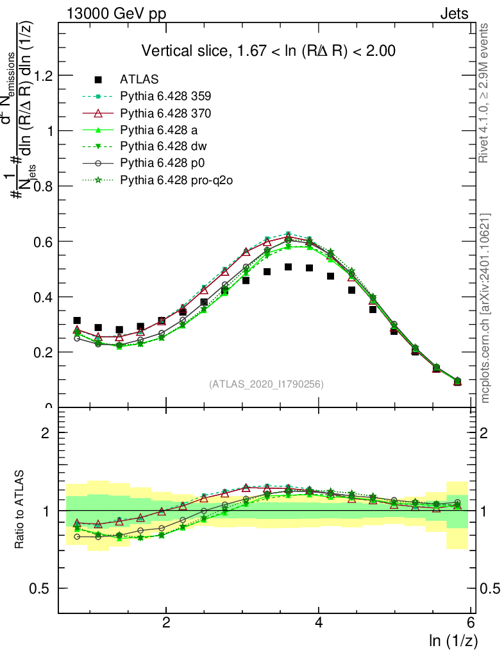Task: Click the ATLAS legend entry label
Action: point(139,80)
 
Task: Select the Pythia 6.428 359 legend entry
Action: point(165,96)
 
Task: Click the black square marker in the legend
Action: point(98,80)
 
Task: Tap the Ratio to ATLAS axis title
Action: point(19,511)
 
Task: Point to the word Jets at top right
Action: point(454,14)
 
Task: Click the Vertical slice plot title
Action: point(268,51)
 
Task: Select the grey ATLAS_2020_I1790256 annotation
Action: point(265,384)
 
